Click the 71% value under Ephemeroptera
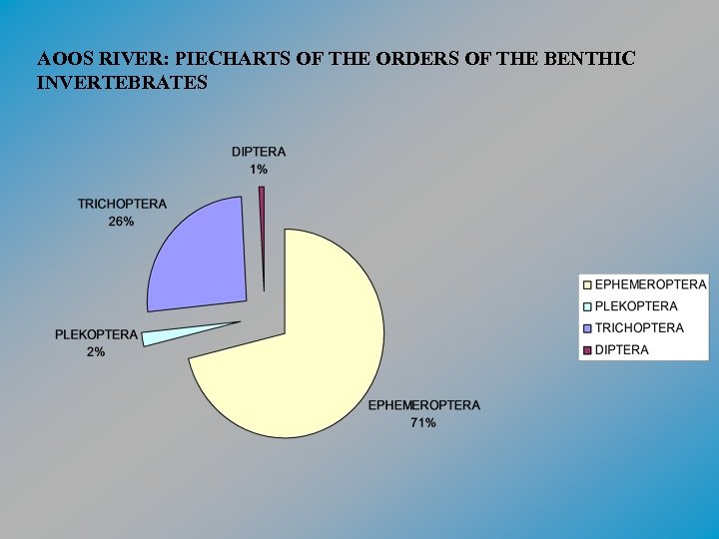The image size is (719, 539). click(x=423, y=423)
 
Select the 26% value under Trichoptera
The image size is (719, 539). click(x=122, y=222)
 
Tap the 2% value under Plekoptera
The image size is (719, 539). click(x=96, y=351)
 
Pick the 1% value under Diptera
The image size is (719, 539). click(x=259, y=170)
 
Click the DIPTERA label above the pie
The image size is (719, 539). click(x=259, y=152)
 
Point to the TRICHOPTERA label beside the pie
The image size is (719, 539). click(x=122, y=204)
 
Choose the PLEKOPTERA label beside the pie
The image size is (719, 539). click(x=96, y=333)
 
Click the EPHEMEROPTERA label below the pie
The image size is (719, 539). click(x=423, y=405)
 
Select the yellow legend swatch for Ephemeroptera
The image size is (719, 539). click(x=587, y=285)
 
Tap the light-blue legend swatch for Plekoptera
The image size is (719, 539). click(x=587, y=307)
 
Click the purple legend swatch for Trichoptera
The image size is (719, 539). click(x=587, y=328)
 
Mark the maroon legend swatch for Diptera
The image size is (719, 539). click(x=587, y=350)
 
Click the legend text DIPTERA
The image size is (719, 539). click(x=622, y=350)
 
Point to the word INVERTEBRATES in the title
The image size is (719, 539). click(x=122, y=82)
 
